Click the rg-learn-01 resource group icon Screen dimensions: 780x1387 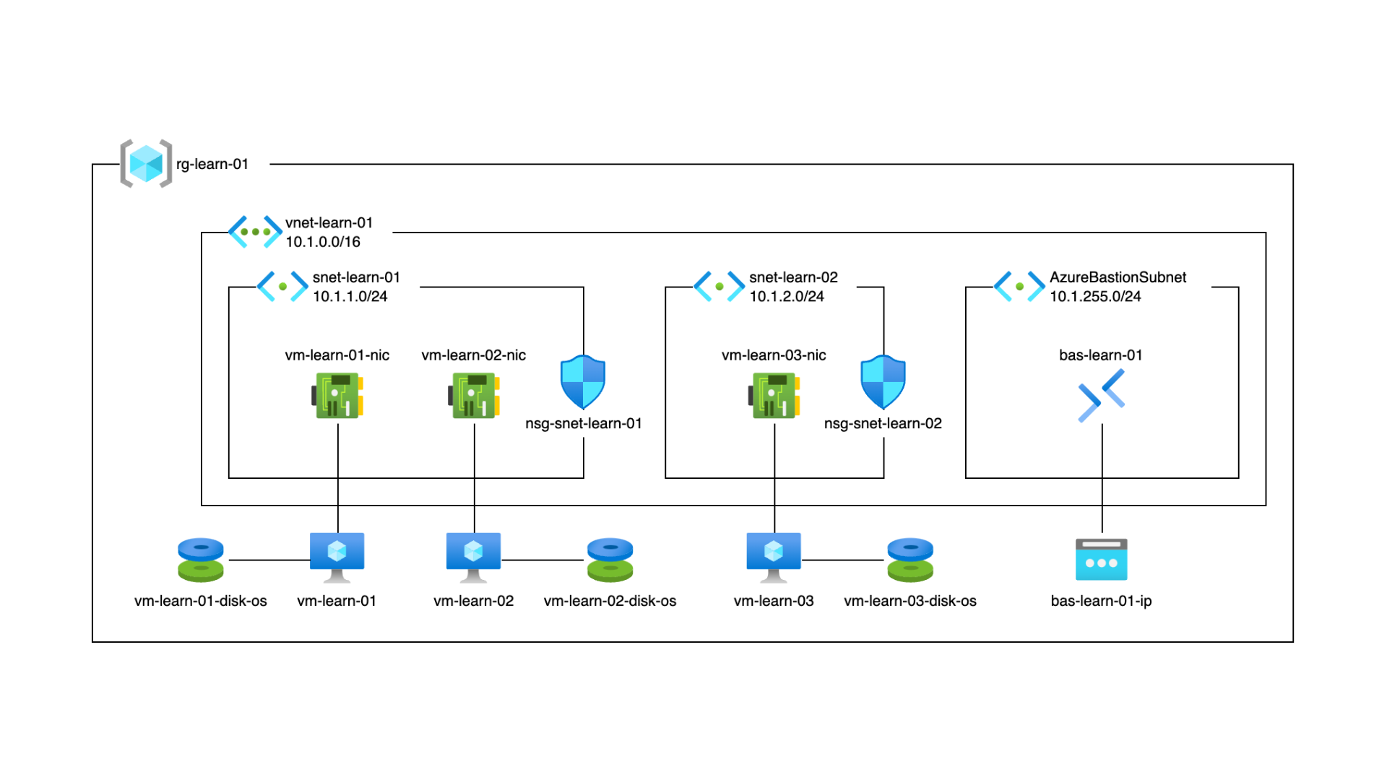[x=146, y=163]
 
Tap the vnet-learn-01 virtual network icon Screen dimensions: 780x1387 [x=255, y=232]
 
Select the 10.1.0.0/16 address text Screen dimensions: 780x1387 [x=322, y=242]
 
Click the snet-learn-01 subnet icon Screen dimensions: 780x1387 [x=282, y=287]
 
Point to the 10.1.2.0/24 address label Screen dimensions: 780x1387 [x=786, y=297]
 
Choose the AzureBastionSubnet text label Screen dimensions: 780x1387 [x=1117, y=277]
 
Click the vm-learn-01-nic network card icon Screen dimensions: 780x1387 [x=337, y=395]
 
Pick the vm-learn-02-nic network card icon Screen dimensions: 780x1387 [x=474, y=395]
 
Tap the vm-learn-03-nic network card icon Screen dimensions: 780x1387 [x=774, y=395]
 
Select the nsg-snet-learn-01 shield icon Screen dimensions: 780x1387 [x=583, y=382]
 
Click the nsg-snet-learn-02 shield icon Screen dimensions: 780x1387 [x=883, y=382]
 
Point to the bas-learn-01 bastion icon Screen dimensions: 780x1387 [x=1101, y=396]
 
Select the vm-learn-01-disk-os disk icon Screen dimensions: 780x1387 [x=201, y=560]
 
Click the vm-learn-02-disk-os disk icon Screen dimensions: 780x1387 [x=610, y=560]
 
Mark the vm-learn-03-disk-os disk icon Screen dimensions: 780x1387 [x=910, y=560]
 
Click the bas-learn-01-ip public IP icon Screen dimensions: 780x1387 [x=1101, y=560]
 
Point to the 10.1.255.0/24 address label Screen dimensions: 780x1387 [x=1094, y=297]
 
